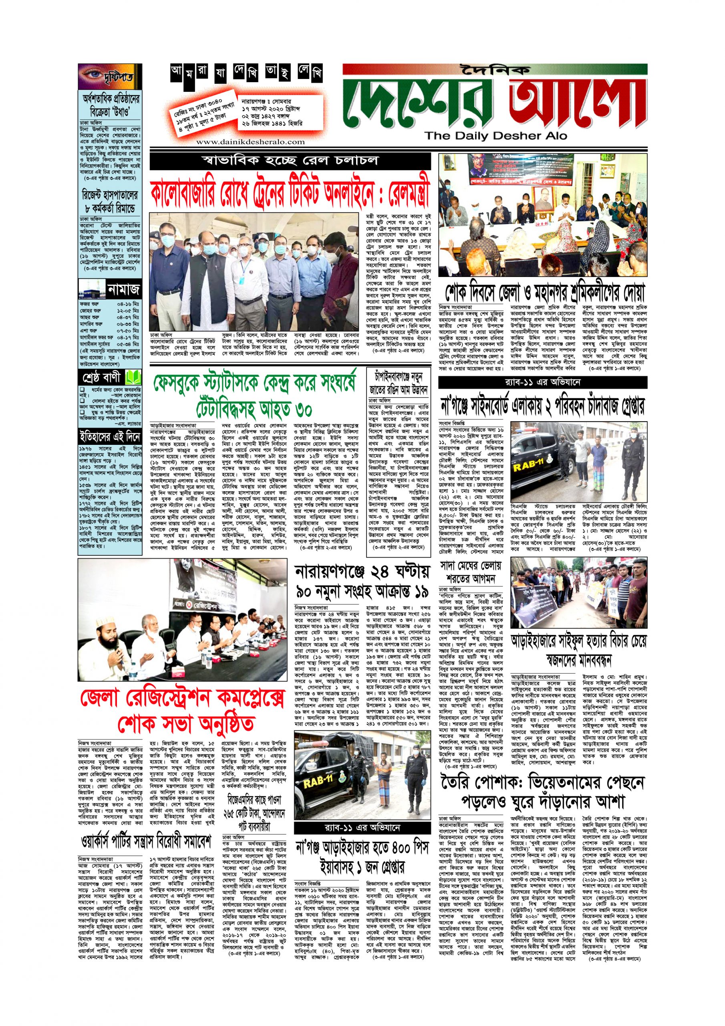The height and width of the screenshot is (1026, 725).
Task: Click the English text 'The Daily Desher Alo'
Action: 495,136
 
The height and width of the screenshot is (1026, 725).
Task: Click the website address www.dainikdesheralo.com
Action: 251,141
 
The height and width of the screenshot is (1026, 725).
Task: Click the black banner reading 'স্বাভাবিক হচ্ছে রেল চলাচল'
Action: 290,161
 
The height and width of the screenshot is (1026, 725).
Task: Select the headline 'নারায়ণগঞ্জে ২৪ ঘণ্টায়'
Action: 362,572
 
